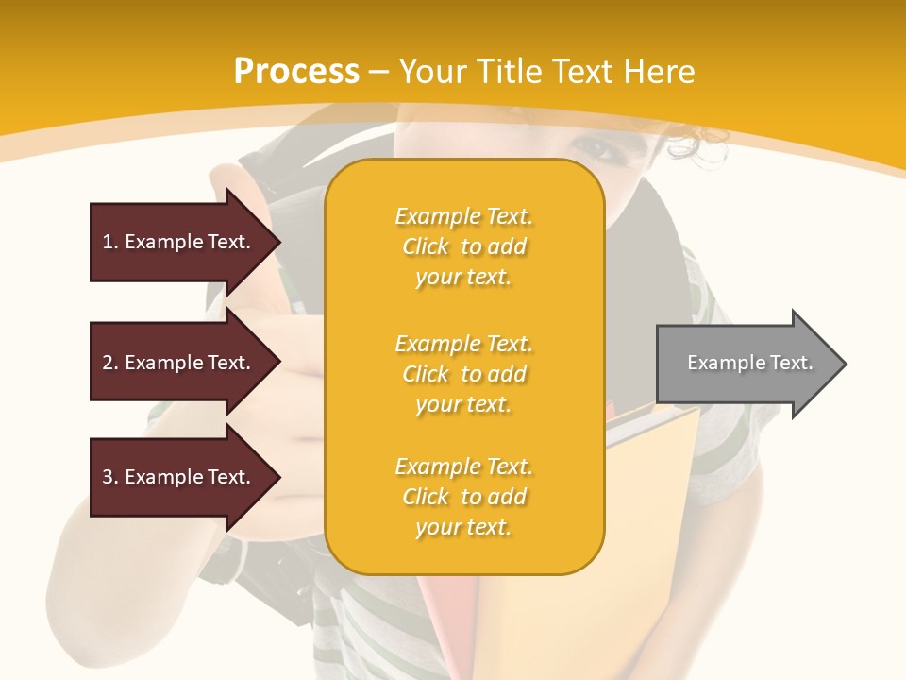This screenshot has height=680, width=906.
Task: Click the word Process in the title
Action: point(296,72)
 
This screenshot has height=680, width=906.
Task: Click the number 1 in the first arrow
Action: point(108,242)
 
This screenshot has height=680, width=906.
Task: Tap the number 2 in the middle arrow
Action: point(108,363)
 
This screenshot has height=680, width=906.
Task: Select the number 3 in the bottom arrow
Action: point(108,477)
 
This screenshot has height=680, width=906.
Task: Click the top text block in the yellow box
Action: point(463,246)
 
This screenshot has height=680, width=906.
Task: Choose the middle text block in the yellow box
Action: point(463,374)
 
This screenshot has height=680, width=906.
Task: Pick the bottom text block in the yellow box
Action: point(463,497)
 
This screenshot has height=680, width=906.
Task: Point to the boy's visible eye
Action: point(591,149)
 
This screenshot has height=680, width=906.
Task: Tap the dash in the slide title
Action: point(379,72)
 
